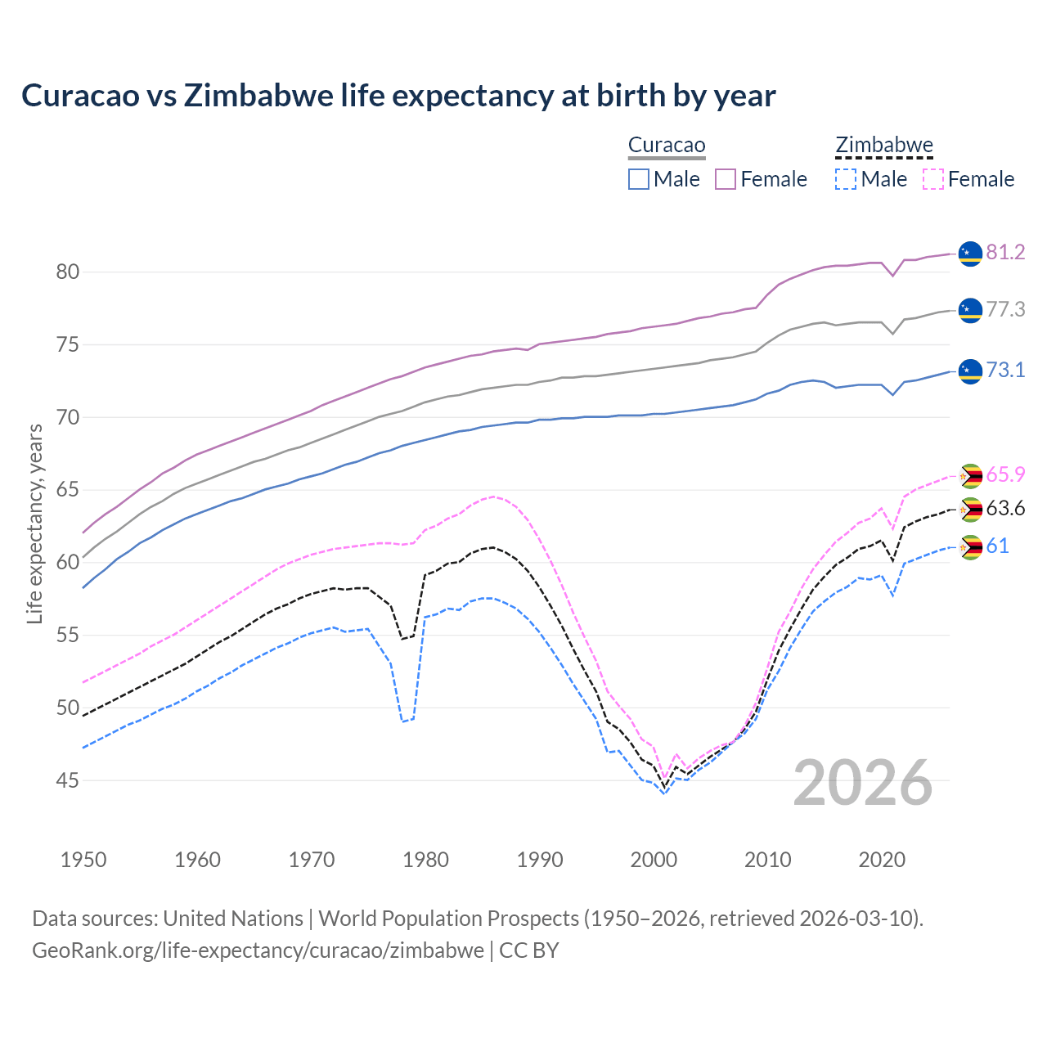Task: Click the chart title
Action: click(x=398, y=96)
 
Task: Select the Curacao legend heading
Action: click(x=667, y=146)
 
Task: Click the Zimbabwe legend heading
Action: click(x=884, y=146)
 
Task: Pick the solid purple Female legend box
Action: click(x=726, y=179)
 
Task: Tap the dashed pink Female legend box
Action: click(x=933, y=179)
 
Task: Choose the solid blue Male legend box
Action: click(x=639, y=179)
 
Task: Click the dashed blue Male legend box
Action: click(x=846, y=179)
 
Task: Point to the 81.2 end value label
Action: click(x=1005, y=252)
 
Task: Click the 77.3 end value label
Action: click(x=1005, y=309)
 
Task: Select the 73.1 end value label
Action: click(x=1005, y=370)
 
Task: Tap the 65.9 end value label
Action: click(x=1005, y=474)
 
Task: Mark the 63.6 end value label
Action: click(x=1005, y=508)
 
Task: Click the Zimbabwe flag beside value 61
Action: click(x=970, y=546)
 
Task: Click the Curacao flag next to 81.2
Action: click(x=970, y=254)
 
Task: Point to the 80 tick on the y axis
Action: click(x=68, y=272)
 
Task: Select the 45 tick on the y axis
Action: click(x=68, y=780)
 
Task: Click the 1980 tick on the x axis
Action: click(x=425, y=860)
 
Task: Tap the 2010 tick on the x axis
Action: click(x=767, y=860)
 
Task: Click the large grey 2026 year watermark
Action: click(x=863, y=783)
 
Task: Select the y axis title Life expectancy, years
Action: click(x=34, y=523)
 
